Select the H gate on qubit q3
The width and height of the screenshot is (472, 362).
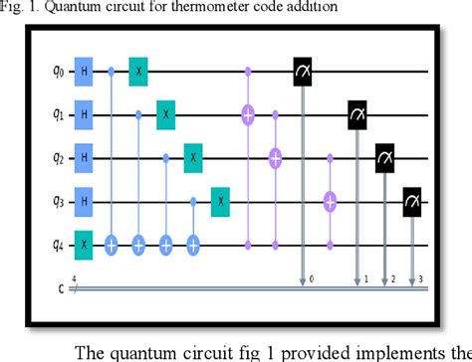point(84,201)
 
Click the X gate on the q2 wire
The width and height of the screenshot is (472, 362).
point(193,157)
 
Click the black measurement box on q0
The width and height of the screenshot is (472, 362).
point(302,71)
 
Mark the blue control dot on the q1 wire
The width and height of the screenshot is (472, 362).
point(138,114)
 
